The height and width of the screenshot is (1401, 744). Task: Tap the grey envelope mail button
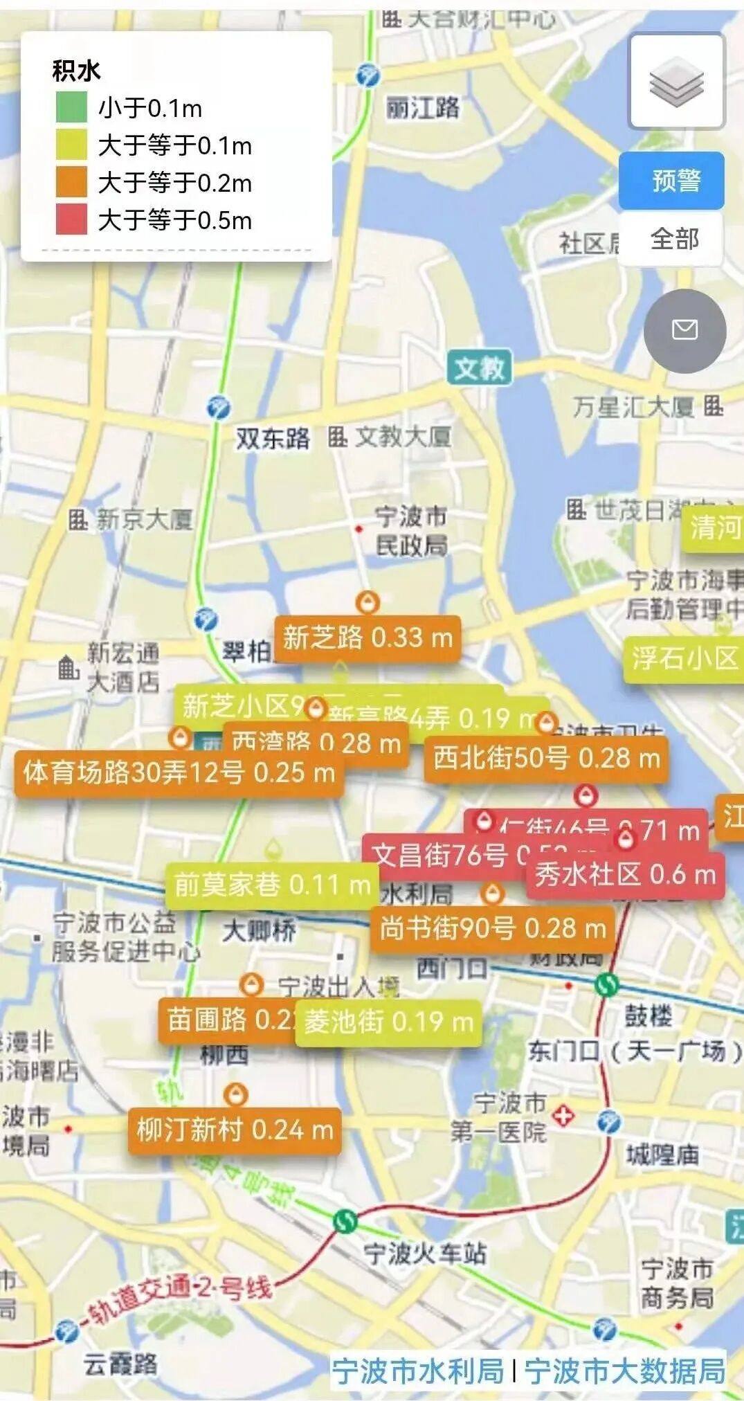point(684,330)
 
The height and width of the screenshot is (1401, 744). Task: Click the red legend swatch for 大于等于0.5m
point(71,220)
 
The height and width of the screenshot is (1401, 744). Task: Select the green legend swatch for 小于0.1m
point(71,108)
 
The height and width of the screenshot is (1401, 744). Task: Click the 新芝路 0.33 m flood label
point(368,638)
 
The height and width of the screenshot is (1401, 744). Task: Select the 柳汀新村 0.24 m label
point(235,1130)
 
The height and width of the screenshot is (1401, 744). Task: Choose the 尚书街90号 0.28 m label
point(492,929)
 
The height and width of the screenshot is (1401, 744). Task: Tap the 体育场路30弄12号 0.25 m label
point(179,772)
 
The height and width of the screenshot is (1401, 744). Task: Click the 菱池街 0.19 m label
point(388,1022)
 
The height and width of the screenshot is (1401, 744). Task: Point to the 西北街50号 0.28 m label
point(545,759)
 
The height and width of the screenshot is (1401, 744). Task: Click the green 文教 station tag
point(480,368)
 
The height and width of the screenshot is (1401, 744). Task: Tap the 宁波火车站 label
point(425,1253)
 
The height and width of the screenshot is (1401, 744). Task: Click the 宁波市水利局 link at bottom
point(418,1371)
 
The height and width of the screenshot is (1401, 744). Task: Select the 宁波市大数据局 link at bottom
point(624,1371)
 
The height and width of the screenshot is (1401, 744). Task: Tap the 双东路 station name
point(273,438)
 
